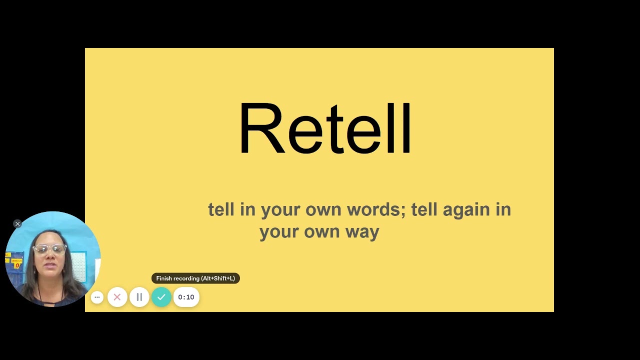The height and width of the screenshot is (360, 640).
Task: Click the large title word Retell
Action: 325,129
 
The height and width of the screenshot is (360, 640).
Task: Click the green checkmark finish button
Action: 161,297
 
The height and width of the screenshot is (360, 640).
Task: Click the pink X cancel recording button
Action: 117,297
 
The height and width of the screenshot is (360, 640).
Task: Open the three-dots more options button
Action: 97,297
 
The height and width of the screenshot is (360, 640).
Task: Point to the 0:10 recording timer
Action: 186,297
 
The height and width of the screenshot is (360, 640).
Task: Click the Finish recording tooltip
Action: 195,278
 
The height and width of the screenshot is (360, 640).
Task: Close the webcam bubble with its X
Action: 17,224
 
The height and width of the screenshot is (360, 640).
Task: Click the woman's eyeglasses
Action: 49,249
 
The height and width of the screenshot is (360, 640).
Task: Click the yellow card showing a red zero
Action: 17,263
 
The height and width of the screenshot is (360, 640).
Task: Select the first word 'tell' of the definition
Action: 221,209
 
